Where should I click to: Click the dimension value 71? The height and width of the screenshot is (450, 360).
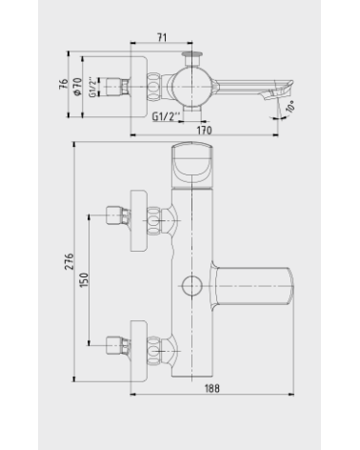pyautogui.click(x=162, y=37)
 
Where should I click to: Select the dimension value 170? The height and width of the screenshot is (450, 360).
pyautogui.click(x=204, y=131)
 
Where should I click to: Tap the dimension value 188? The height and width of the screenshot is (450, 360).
pyautogui.click(x=211, y=388)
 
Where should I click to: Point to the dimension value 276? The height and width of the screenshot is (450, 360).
pyautogui.click(x=70, y=261)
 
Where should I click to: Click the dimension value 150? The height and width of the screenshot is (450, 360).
pyautogui.click(x=84, y=280)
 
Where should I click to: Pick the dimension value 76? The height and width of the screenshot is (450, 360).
pyautogui.click(x=64, y=84)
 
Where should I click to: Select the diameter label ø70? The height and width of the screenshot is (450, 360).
pyautogui.click(x=77, y=86)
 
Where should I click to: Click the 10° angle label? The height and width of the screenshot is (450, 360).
pyautogui.click(x=290, y=106)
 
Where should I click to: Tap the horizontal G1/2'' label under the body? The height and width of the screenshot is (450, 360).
pyautogui.click(x=164, y=116)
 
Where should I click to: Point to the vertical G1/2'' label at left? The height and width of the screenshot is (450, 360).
pyautogui.click(x=92, y=87)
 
